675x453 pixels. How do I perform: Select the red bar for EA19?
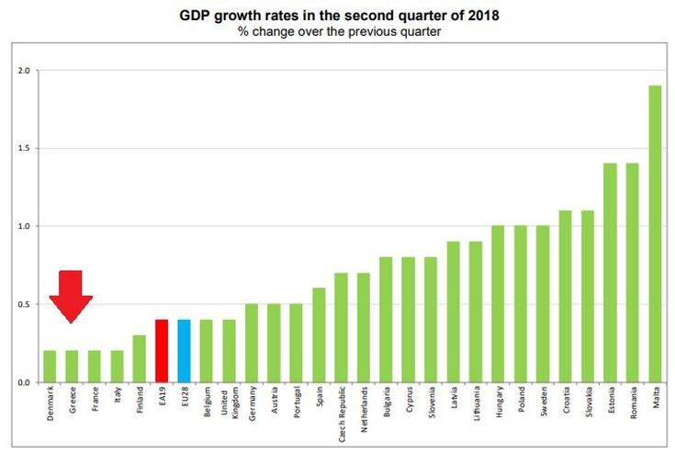(161, 351)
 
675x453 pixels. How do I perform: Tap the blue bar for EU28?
(184, 351)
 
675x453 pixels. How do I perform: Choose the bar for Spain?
(318, 335)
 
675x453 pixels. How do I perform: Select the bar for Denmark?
(49, 367)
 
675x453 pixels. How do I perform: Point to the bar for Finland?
(139, 358)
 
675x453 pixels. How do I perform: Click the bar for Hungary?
(497, 304)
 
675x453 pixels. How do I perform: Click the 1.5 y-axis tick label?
(23, 148)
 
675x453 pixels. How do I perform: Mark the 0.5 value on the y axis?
(23, 304)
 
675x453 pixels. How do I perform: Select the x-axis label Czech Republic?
(341, 412)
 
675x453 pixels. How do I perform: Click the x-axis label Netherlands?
(363, 408)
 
